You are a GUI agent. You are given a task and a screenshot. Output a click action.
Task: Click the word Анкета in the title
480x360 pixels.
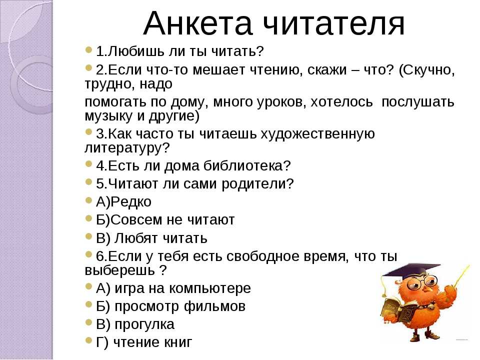[x=197, y=24]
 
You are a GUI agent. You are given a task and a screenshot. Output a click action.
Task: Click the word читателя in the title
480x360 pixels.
[x=334, y=24]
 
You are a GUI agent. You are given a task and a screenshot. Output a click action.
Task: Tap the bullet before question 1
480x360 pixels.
[x=89, y=49]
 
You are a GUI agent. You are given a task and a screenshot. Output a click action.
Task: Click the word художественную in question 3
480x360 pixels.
[x=318, y=134]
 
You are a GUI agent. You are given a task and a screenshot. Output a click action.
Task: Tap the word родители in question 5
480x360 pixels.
[x=257, y=184]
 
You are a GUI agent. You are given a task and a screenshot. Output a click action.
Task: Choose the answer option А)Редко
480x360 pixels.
[x=123, y=201]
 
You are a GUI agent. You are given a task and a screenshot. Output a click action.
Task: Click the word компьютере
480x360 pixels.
[x=209, y=288]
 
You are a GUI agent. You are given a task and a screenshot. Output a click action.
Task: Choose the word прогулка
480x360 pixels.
[x=144, y=324]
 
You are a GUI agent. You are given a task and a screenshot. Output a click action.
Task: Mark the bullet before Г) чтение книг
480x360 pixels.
[x=89, y=340]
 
